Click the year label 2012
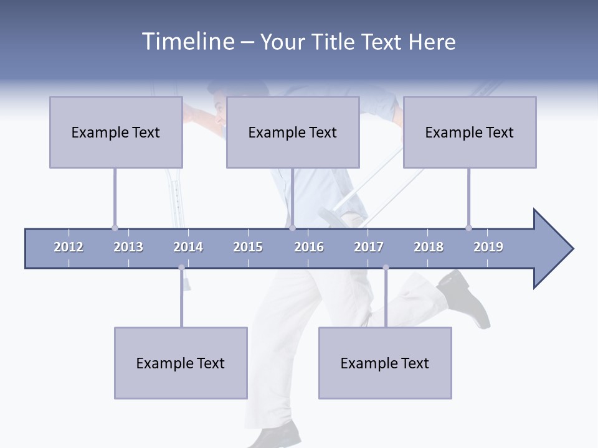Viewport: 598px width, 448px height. click(69, 247)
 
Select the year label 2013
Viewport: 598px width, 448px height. click(128, 247)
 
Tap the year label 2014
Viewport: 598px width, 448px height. click(188, 247)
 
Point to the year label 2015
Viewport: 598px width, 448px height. click(248, 247)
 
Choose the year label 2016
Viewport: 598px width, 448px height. click(309, 247)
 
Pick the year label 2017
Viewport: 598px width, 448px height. click(369, 247)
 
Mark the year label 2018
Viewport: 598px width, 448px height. click(429, 247)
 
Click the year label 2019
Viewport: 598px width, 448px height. click(488, 247)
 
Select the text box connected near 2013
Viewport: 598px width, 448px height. click(116, 132)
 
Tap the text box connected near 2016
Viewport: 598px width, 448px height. click(293, 132)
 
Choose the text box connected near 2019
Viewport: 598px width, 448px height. click(470, 132)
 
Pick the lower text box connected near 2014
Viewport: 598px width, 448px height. click(181, 363)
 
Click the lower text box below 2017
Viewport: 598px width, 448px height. click(385, 363)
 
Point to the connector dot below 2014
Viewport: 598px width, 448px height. click(181, 268)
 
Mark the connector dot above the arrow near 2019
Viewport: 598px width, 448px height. click(468, 228)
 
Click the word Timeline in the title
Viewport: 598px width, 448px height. click(187, 42)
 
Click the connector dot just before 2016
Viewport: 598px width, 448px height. click(292, 228)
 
